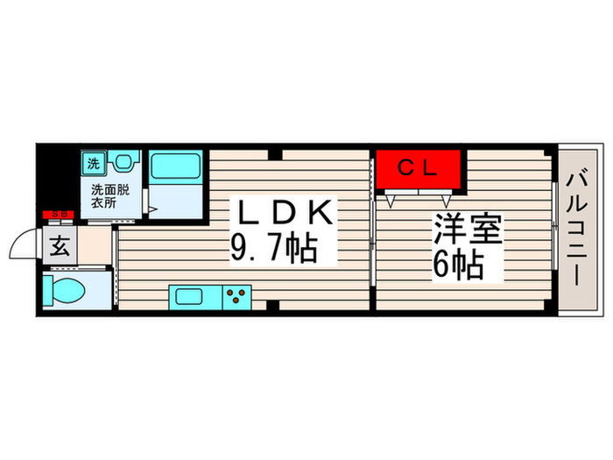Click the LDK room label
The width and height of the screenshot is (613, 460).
pyautogui.click(x=282, y=212)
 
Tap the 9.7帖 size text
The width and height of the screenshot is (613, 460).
pyautogui.click(x=273, y=251)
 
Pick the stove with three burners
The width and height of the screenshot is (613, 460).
pyautogui.click(x=236, y=295)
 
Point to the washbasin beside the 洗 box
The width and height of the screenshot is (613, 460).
pyautogui.click(x=124, y=162)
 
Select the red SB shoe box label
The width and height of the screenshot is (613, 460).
pyautogui.click(x=60, y=214)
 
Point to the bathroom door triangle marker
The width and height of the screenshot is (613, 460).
pyautogui.click(x=153, y=210)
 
